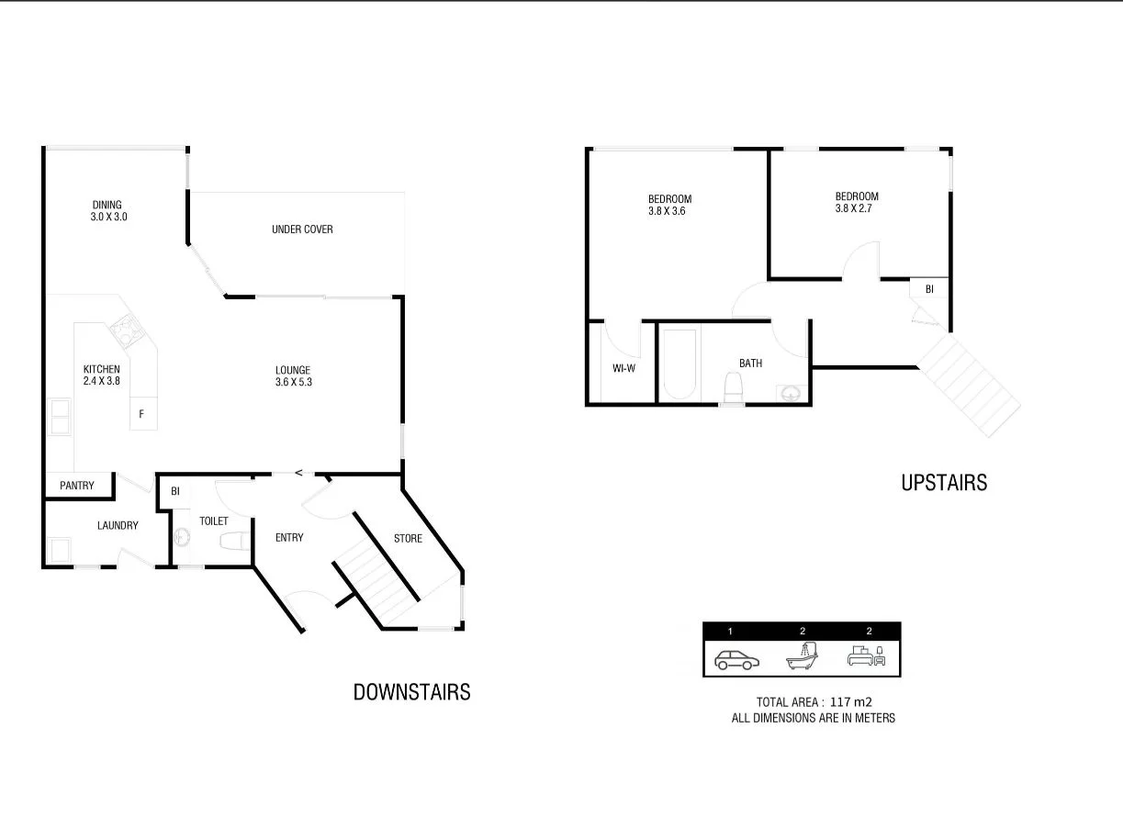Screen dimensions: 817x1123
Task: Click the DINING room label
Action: pyautogui.click(x=107, y=205)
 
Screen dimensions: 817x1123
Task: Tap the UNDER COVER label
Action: pyautogui.click(x=302, y=229)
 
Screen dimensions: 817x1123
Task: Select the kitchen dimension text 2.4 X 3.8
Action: pyautogui.click(x=101, y=382)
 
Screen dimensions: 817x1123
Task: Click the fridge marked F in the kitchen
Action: pyautogui.click(x=141, y=414)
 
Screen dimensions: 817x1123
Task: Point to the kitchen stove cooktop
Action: pyautogui.click(x=123, y=327)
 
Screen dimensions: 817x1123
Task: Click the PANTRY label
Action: pyautogui.click(x=77, y=486)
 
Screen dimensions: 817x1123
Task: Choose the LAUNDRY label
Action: pyautogui.click(x=118, y=526)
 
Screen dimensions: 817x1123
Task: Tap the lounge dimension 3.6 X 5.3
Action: pyautogui.click(x=293, y=383)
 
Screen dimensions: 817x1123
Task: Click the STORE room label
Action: pyautogui.click(x=408, y=538)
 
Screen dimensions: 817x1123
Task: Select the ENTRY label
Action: pyautogui.click(x=289, y=538)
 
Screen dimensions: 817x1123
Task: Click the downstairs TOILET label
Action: pyautogui.click(x=213, y=521)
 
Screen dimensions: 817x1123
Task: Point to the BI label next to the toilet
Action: pyautogui.click(x=174, y=492)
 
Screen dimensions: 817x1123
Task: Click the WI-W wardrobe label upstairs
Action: pyautogui.click(x=625, y=369)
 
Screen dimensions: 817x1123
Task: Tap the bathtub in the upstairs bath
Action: pyautogui.click(x=679, y=364)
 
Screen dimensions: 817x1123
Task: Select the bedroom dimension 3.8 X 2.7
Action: pyautogui.click(x=856, y=208)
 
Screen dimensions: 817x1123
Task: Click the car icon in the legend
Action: pyautogui.click(x=736, y=659)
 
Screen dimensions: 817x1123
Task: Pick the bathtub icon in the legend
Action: pyautogui.click(x=802, y=656)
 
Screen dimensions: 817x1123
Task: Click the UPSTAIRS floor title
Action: pyautogui.click(x=943, y=483)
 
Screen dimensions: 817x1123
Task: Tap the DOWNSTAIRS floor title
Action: pyautogui.click(x=411, y=692)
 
